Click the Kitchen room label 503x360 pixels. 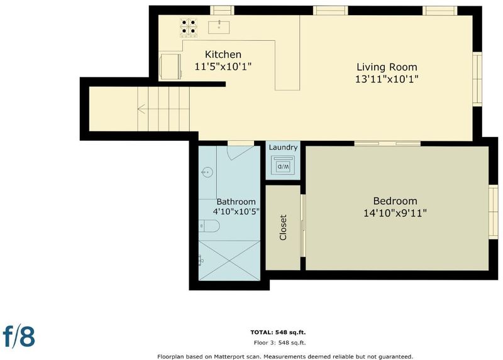223,55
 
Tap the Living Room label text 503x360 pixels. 387,67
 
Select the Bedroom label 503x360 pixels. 395,201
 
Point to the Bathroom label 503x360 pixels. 236,202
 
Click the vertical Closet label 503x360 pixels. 283,227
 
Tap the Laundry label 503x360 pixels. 283,148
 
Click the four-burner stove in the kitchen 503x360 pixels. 188,27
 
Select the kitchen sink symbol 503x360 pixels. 219,27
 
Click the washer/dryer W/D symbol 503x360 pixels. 282,165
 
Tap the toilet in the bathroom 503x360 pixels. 209,226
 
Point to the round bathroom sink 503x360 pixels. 207,173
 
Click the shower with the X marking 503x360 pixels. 229,260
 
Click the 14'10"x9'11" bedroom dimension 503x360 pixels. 395,213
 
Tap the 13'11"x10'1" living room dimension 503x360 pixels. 387,79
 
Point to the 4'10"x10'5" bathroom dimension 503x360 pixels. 236,212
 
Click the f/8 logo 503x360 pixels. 19,336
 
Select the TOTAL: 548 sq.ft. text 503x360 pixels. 278,332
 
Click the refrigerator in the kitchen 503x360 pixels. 170,67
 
